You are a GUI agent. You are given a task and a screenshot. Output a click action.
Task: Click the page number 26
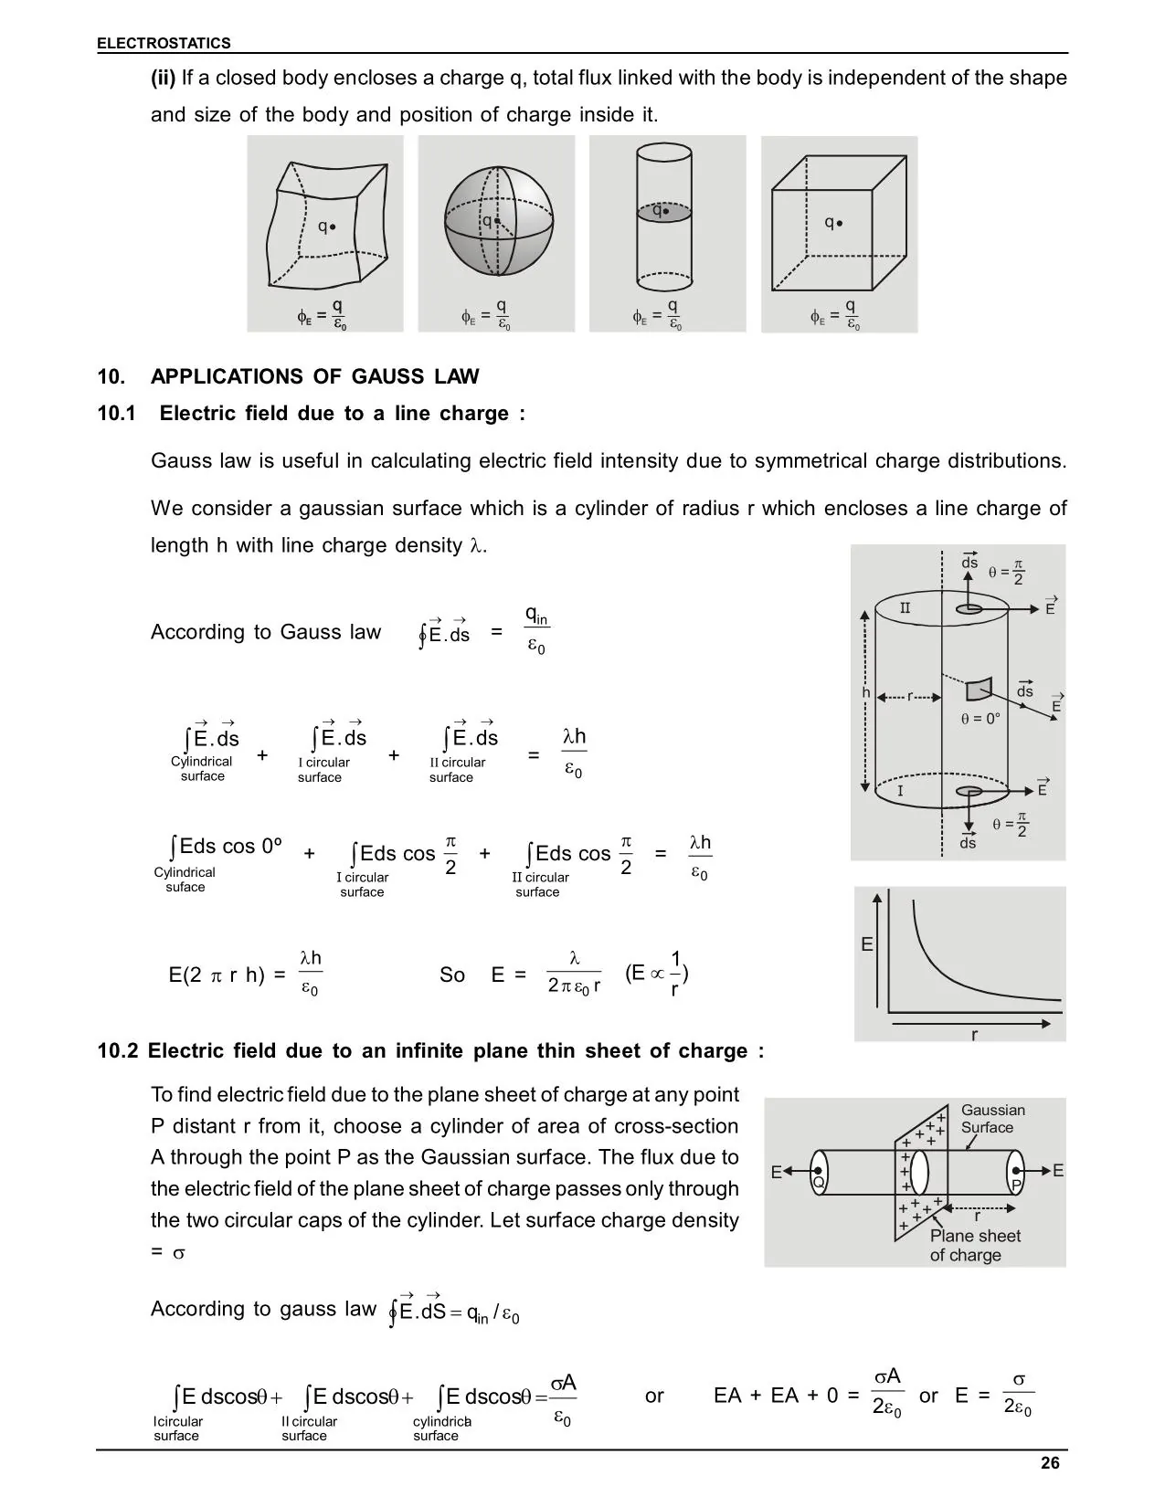1050,1463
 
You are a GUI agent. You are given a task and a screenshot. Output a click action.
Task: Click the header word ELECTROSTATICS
164,43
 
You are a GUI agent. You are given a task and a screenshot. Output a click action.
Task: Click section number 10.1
116,414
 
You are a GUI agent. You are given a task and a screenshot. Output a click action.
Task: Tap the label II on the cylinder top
905,608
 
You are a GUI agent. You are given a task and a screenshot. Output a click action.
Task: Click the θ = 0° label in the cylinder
980,719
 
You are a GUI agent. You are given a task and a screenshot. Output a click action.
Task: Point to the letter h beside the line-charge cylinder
866,693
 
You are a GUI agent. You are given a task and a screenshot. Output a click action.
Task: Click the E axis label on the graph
867,944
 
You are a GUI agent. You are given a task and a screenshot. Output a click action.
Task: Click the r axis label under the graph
974,1036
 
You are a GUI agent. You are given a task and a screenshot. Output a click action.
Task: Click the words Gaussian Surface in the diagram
992,1119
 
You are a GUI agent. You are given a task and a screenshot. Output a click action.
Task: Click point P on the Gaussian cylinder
1016,1184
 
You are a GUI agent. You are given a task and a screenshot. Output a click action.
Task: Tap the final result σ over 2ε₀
1018,1395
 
